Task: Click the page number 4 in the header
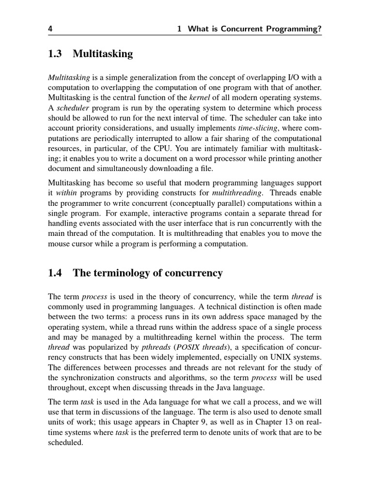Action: point(50,29)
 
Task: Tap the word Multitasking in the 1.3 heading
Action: point(103,54)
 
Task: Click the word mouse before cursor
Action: point(59,244)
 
